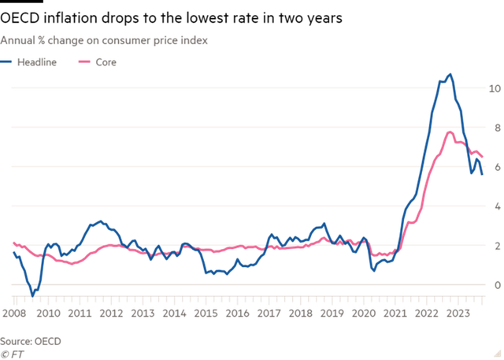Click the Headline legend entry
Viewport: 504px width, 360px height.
tap(36, 61)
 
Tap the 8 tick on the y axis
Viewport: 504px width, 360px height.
tap(496, 127)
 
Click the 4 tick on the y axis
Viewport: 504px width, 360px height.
tap(496, 206)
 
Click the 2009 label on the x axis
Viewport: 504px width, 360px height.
tap(17, 313)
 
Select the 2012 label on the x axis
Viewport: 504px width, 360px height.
tap(111, 313)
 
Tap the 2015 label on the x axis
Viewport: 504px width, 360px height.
tap(206, 313)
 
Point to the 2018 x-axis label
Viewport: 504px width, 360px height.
tap(300, 313)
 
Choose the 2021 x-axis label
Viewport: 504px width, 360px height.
tap(395, 313)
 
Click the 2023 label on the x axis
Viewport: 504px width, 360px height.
tap(458, 313)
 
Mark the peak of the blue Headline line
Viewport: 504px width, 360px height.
tap(450, 74)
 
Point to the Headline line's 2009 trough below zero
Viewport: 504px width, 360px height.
tap(32, 292)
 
